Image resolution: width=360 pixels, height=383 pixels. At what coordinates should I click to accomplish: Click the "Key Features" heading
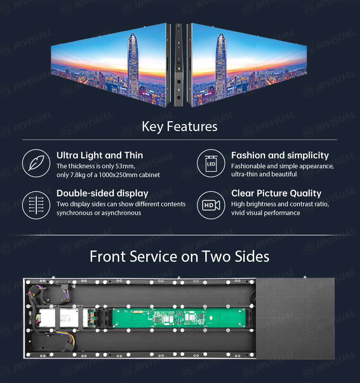(x=180, y=126)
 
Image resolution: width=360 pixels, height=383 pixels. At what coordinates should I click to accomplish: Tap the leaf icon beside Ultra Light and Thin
(x=36, y=163)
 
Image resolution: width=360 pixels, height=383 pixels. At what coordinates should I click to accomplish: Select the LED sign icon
(x=211, y=163)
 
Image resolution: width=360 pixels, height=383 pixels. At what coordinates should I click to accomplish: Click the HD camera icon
(x=211, y=205)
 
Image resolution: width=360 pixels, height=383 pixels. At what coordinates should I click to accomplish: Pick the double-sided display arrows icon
(x=36, y=205)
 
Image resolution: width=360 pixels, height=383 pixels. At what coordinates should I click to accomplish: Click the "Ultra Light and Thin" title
(x=100, y=155)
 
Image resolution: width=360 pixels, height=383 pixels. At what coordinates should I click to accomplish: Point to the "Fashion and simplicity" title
(x=280, y=155)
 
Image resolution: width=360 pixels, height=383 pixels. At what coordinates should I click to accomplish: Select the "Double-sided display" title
(x=102, y=193)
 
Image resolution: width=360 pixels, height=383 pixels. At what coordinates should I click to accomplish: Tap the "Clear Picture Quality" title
(x=276, y=193)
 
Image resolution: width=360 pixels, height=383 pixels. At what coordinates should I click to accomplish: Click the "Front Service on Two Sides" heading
(x=180, y=257)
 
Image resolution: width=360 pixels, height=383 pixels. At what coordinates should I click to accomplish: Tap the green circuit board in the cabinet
(x=179, y=318)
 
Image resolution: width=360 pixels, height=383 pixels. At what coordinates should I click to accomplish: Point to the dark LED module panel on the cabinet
(x=295, y=318)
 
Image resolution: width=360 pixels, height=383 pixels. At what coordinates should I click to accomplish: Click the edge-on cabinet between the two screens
(x=179, y=65)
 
